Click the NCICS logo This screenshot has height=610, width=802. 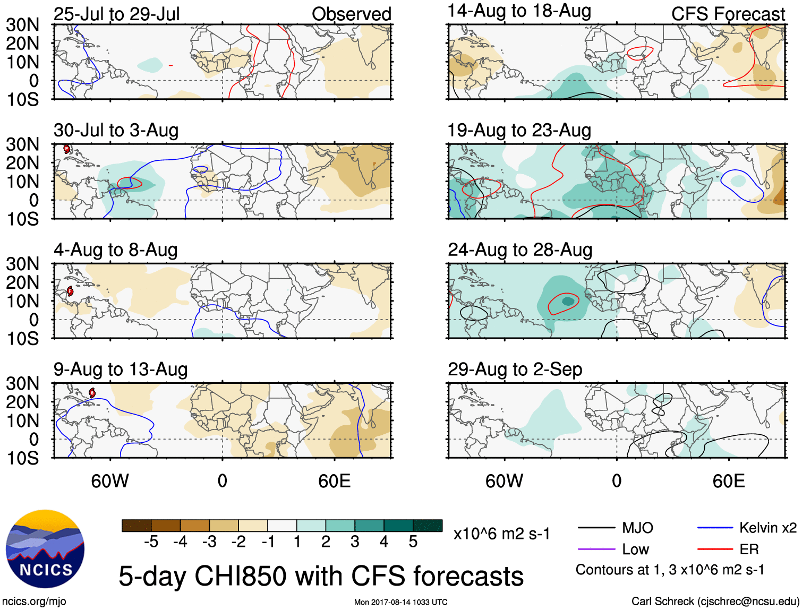point(45,549)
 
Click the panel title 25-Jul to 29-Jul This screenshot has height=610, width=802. point(117,14)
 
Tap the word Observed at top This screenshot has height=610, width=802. point(351,14)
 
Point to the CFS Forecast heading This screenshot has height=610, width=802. point(728,14)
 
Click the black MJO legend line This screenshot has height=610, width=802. point(596,528)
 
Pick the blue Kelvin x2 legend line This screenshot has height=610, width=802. point(715,528)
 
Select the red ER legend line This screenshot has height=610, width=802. point(715,549)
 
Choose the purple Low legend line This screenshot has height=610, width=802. point(596,549)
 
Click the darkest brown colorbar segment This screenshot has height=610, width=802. point(136,526)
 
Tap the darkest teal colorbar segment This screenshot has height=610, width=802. point(428,526)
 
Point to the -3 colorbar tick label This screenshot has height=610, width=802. point(209,542)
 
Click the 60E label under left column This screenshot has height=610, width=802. point(334,481)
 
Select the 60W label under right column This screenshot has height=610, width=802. point(504,481)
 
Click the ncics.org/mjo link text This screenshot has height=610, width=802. point(34,602)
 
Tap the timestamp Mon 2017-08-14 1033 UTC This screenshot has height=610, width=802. point(400,602)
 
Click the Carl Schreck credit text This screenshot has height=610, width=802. point(715,602)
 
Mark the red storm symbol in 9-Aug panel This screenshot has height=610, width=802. point(92,393)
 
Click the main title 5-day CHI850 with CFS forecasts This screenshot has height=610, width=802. point(321,576)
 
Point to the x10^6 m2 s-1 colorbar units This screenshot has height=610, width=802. point(501,534)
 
